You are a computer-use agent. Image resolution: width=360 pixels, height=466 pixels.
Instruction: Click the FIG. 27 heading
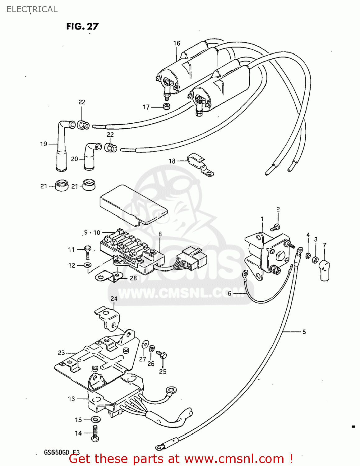click(82, 26)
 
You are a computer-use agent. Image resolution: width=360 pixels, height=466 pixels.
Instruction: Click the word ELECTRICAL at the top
click(32, 9)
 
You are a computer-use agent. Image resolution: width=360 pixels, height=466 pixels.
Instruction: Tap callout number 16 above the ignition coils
click(177, 43)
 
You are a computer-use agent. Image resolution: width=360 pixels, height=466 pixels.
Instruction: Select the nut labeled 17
click(167, 106)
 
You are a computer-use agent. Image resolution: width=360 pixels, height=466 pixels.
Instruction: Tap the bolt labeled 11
click(87, 252)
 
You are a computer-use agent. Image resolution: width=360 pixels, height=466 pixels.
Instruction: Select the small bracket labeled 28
click(109, 276)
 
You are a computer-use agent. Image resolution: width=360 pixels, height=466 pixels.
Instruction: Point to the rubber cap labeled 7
click(324, 270)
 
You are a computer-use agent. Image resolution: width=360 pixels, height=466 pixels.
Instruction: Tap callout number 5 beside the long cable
click(304, 332)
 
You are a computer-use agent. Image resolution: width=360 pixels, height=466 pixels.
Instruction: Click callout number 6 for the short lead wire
click(229, 293)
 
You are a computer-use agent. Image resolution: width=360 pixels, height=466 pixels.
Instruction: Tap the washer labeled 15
click(96, 419)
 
